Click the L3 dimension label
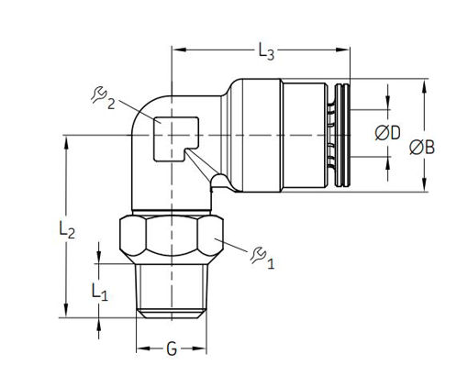pos(266,51)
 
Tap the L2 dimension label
pos(67,229)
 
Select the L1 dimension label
pos(100,292)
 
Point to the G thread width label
pos(172,348)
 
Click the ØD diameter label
pos(387,133)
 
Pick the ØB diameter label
pos(422,148)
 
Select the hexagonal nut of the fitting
pos(172,239)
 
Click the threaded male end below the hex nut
pos(172,291)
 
